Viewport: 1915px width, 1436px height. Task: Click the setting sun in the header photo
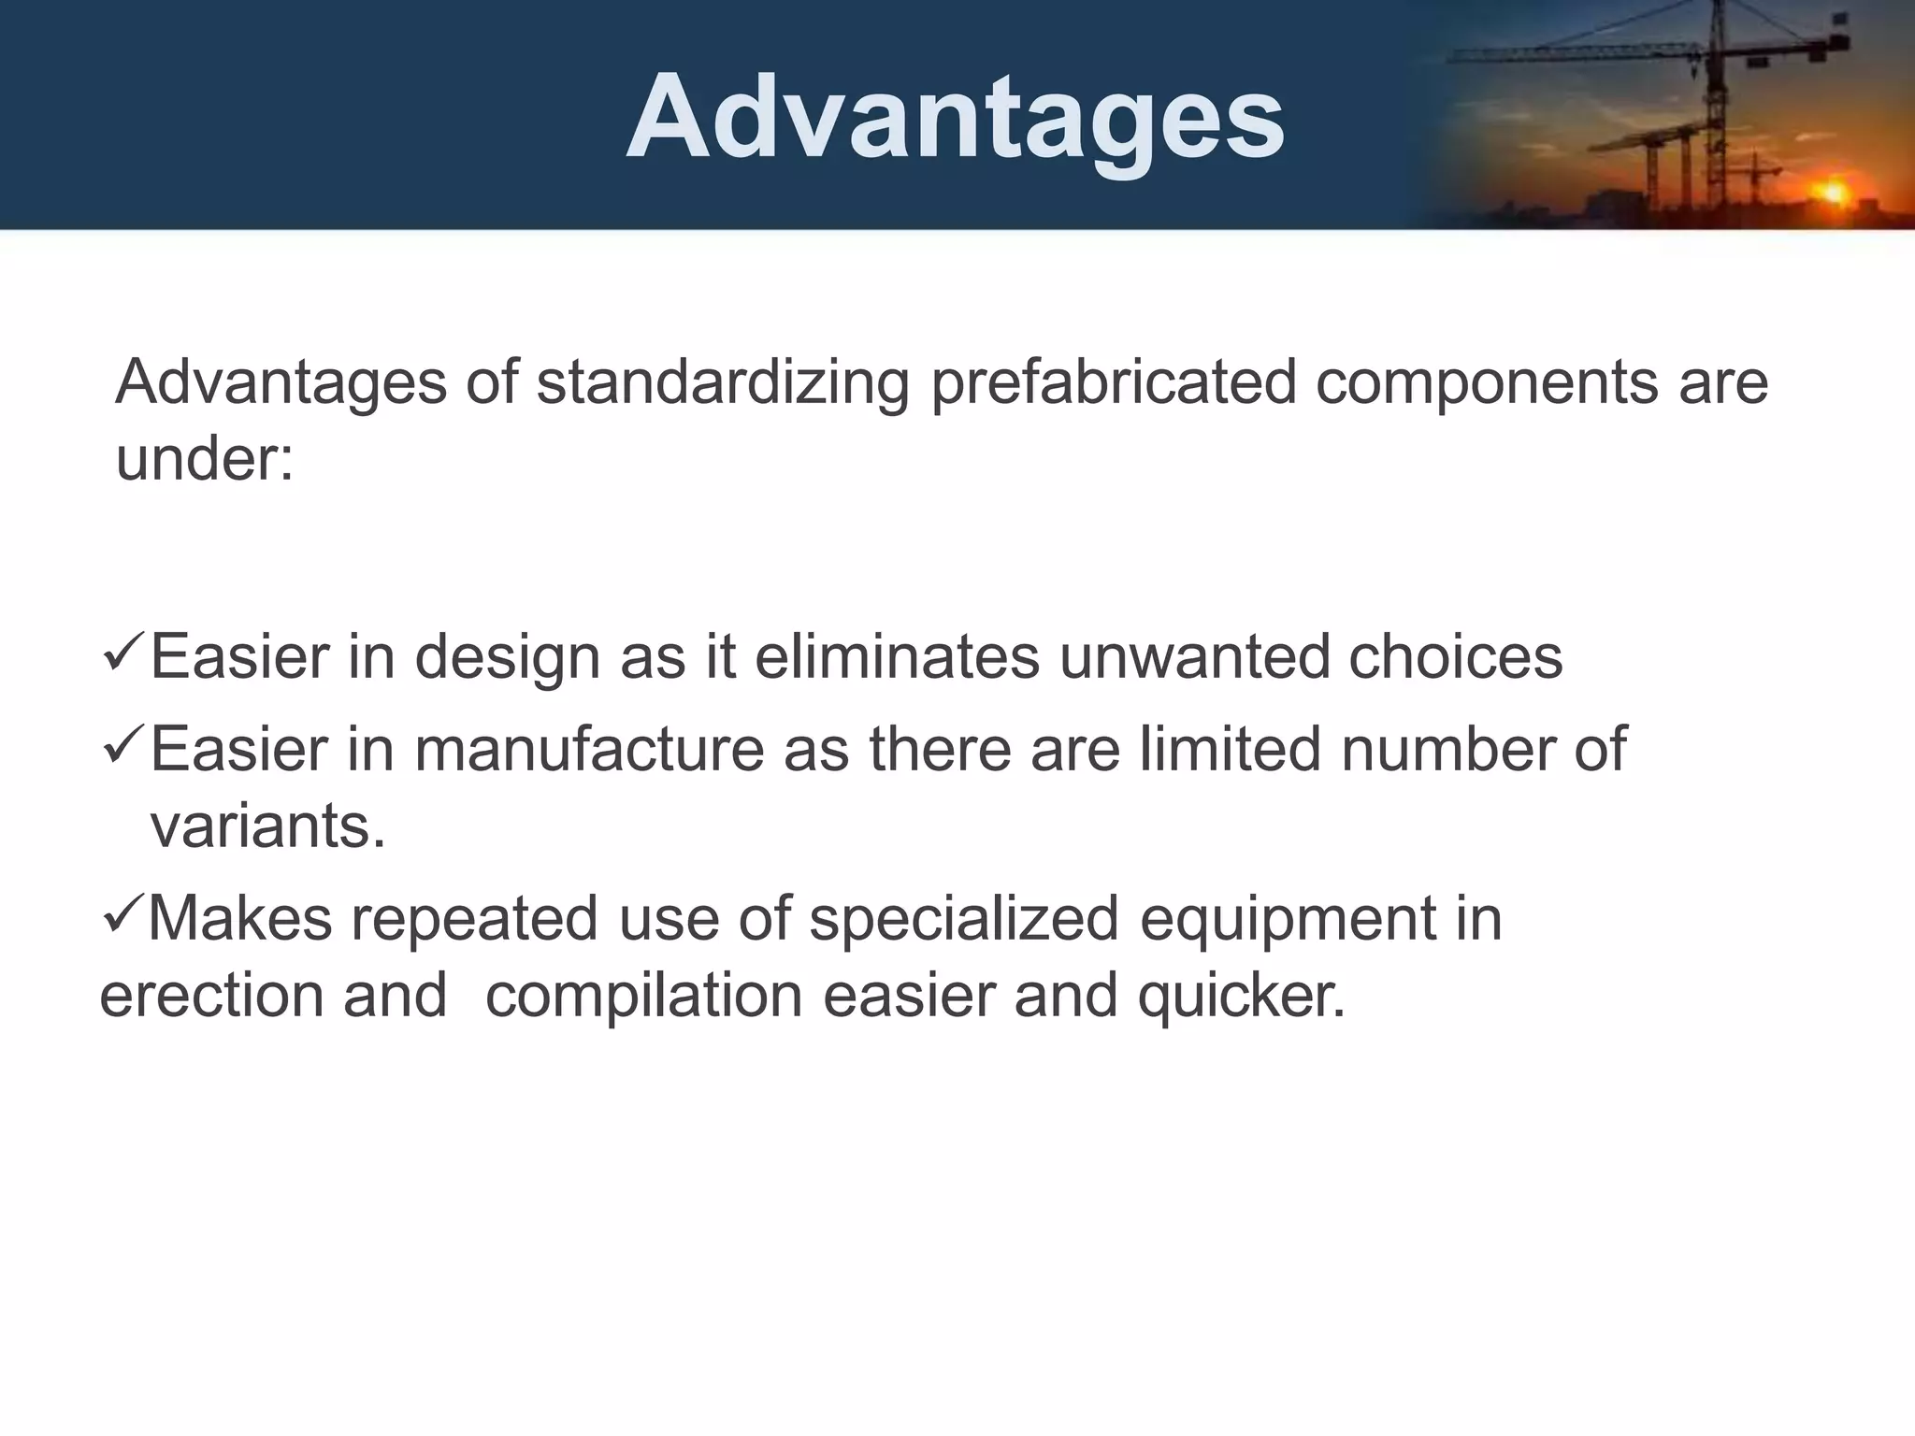click(x=1833, y=192)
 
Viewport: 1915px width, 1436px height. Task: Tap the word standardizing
click(x=723, y=383)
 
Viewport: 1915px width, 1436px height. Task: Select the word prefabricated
click(x=1114, y=383)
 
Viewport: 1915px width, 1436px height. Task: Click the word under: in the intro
click(x=205, y=460)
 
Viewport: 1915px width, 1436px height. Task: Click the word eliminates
click(x=897, y=656)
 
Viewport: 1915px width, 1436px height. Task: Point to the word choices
click(x=1455, y=656)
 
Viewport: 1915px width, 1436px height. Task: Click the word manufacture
click(x=589, y=749)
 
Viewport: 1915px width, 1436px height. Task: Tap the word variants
click(x=267, y=826)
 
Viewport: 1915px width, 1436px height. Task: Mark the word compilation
click(x=644, y=997)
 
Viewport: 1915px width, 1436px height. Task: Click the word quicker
click(x=1243, y=997)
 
